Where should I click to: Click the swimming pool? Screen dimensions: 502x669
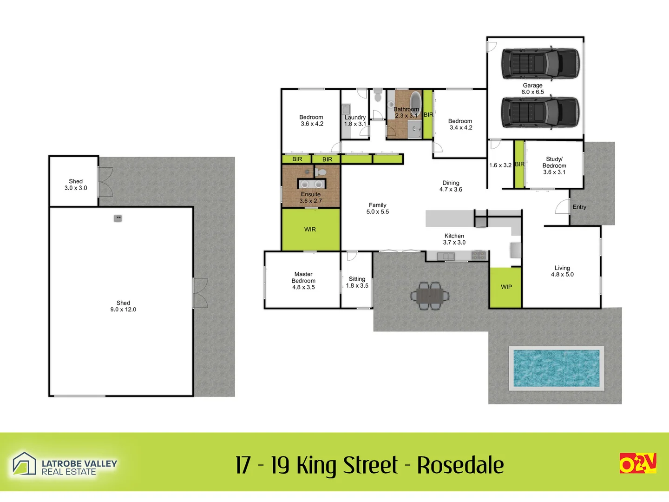coord(556,368)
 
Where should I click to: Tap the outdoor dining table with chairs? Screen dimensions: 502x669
coord(430,296)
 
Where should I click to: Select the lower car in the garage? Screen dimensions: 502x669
coord(540,113)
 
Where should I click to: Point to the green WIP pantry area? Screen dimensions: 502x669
coord(506,287)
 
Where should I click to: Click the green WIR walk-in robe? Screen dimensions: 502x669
coord(310,230)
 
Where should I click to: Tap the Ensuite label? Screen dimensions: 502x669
coord(310,194)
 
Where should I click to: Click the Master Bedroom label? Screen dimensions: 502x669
coord(303,277)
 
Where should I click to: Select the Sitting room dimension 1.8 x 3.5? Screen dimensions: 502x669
coord(357,286)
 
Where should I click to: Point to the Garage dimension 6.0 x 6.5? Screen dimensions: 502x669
coord(532,92)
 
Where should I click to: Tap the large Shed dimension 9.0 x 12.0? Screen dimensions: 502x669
coord(123,310)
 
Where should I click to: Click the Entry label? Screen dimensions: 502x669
coord(579,207)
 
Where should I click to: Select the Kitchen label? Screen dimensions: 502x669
coord(454,236)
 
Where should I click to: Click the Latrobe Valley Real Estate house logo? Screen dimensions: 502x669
coord(24,464)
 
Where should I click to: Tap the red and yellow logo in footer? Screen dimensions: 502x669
coord(637,463)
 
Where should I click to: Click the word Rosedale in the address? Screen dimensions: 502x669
coord(460,465)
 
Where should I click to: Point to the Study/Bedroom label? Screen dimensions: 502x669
coord(554,162)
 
